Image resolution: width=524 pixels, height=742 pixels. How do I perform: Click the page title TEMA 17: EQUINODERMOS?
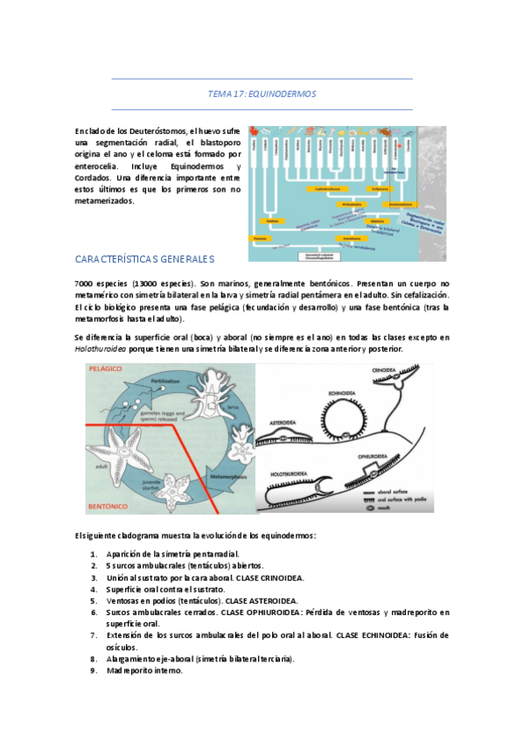click(x=262, y=94)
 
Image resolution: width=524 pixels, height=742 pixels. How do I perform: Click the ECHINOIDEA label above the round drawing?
click(x=341, y=395)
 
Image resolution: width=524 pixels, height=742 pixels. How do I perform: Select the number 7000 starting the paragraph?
click(x=86, y=284)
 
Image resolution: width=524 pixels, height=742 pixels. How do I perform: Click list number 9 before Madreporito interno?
click(x=94, y=670)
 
